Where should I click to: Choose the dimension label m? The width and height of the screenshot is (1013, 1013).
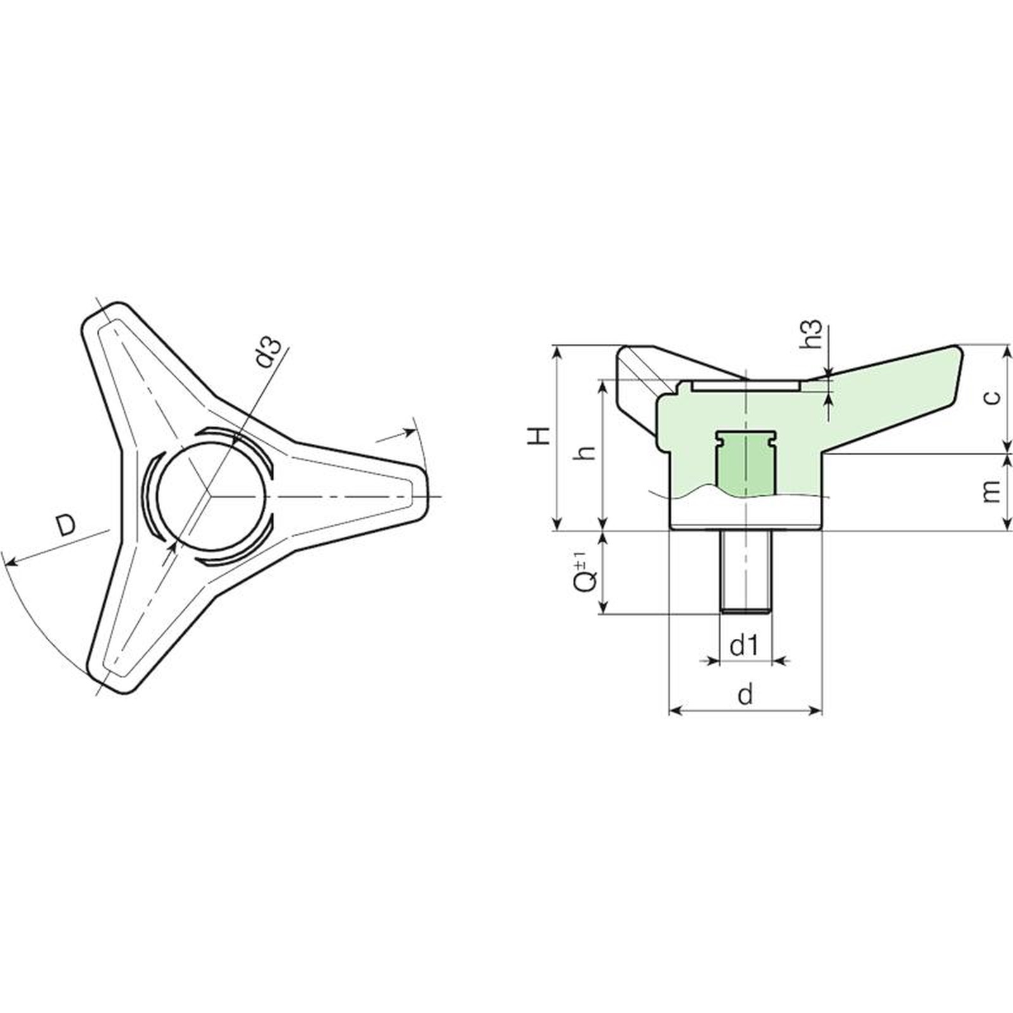(992, 491)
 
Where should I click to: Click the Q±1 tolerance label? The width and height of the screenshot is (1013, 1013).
(586, 570)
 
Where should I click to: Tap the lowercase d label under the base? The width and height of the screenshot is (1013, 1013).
(746, 695)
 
